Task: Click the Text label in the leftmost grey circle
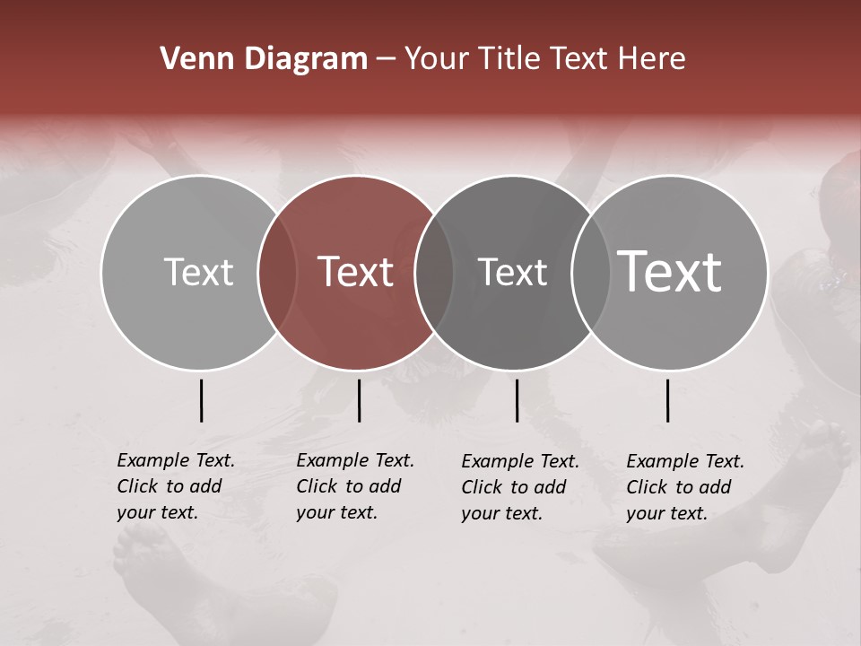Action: (198, 273)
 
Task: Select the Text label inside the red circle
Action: (355, 273)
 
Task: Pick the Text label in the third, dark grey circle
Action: (512, 273)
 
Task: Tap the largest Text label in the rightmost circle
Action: (670, 272)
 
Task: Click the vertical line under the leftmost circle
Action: (201, 400)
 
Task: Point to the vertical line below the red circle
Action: (359, 400)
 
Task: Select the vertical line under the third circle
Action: (517, 400)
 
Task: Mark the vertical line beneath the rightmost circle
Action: (667, 400)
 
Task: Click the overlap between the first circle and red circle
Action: (277, 273)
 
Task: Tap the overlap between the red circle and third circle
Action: (434, 273)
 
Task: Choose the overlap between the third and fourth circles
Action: (591, 273)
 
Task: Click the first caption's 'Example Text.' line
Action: (176, 460)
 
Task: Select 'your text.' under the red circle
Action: (336, 512)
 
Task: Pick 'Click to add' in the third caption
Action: (514, 487)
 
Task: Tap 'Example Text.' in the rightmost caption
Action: (685, 461)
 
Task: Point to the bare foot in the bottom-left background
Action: (143, 556)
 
